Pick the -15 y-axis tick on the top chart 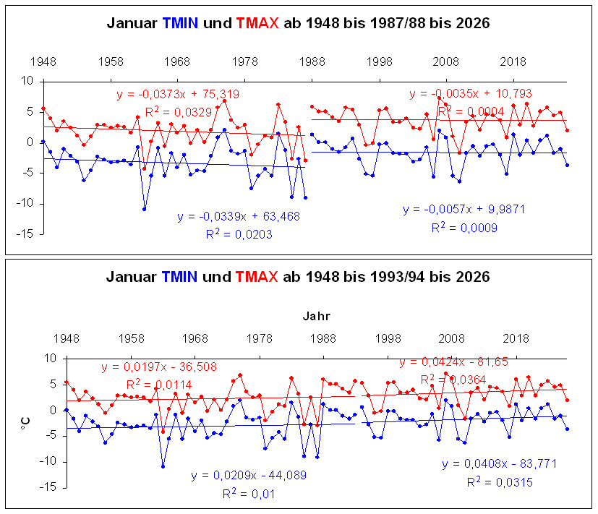tap(25, 234)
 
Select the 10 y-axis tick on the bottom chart tap(51, 358)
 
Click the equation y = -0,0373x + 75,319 tap(178, 94)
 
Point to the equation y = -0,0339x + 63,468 tap(238, 216)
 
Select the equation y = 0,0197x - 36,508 tap(158, 367)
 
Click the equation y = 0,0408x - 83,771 tap(500, 464)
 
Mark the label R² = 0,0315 tap(500, 481)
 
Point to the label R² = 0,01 tap(248, 493)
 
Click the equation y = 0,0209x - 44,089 tap(248, 475)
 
